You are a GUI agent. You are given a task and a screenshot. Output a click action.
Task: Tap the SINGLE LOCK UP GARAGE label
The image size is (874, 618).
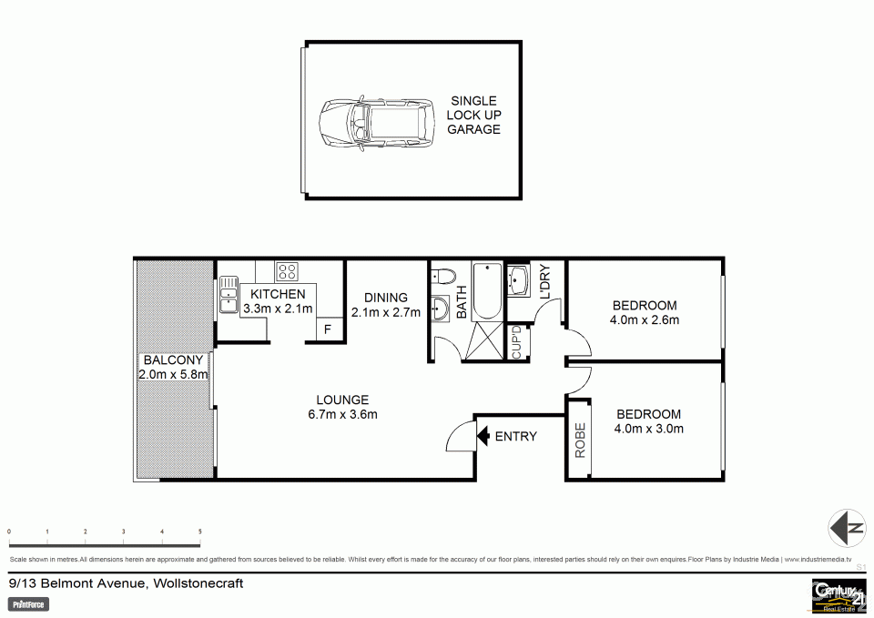(x=473, y=116)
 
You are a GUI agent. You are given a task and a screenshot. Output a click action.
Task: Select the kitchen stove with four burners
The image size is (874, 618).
(x=288, y=270)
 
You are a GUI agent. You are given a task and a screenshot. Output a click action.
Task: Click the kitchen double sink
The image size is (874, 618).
(x=228, y=294)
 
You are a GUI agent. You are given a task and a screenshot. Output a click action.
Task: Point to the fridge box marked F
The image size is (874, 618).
(x=327, y=330)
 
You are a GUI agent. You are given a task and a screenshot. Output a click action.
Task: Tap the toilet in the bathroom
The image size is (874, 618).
(x=443, y=275)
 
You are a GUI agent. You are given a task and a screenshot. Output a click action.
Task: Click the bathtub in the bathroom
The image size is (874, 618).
(x=488, y=290)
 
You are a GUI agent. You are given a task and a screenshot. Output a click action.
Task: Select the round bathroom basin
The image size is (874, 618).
(x=441, y=309)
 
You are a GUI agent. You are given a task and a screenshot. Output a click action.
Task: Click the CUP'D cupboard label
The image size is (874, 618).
(x=516, y=342)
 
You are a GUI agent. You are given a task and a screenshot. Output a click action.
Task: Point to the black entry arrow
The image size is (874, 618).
(x=483, y=436)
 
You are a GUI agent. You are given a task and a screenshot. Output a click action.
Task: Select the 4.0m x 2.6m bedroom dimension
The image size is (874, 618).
(x=645, y=319)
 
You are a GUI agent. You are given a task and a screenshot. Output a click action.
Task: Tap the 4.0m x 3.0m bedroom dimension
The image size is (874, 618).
(x=648, y=429)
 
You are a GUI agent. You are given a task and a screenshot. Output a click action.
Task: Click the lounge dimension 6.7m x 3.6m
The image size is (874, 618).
(x=342, y=414)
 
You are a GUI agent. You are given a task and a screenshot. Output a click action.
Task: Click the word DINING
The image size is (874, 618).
(x=386, y=298)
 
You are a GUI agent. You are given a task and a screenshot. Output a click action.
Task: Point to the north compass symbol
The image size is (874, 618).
(x=846, y=527)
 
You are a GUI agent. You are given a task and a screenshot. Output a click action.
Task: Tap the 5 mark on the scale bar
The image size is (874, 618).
(x=199, y=532)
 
